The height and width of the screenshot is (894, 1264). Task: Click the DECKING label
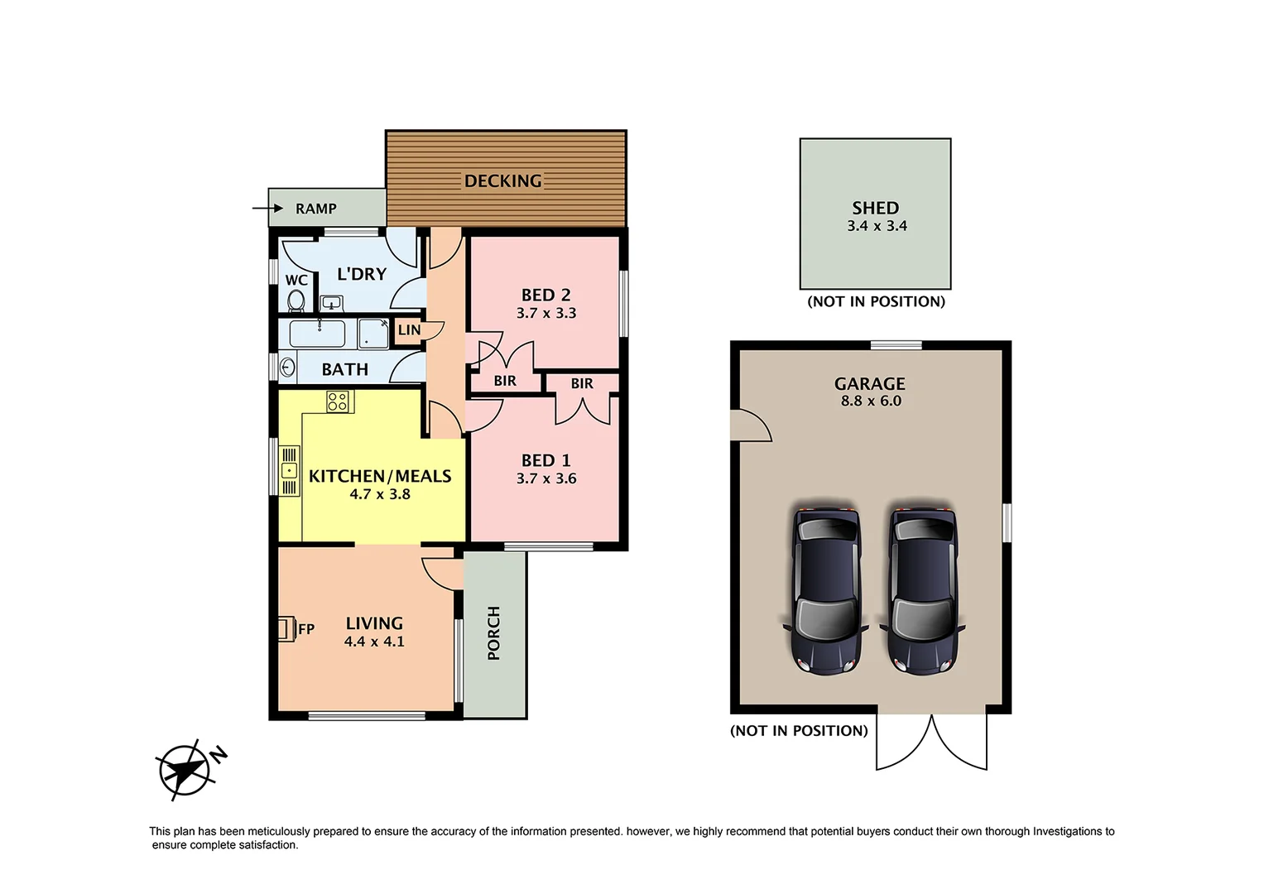click(x=502, y=180)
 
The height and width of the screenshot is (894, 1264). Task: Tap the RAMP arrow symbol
click(x=268, y=209)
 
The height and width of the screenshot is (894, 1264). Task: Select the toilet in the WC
click(x=296, y=300)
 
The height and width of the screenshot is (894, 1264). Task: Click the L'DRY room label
click(x=362, y=274)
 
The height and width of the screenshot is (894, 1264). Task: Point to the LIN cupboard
click(x=409, y=329)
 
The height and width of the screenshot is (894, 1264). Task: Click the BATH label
click(x=344, y=369)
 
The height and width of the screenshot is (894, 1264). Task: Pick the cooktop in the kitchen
click(x=338, y=401)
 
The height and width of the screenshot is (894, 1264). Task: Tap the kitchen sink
click(x=289, y=471)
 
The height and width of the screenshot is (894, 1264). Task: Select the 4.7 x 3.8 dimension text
click(x=380, y=494)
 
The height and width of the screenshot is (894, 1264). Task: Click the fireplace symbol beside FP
click(x=286, y=628)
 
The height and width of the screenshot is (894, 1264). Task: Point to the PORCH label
click(x=494, y=633)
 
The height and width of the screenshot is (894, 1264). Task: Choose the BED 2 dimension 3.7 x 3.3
click(x=546, y=313)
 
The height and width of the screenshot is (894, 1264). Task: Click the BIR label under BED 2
click(x=505, y=381)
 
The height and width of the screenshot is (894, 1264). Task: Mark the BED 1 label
click(x=545, y=460)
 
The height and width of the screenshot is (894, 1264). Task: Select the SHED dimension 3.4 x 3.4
click(x=877, y=226)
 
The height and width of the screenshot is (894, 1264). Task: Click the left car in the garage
click(x=826, y=589)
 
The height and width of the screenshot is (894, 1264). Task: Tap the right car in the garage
click(x=922, y=589)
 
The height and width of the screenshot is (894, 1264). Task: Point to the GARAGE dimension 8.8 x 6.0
click(x=871, y=401)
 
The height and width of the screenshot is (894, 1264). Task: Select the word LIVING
click(x=374, y=623)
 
